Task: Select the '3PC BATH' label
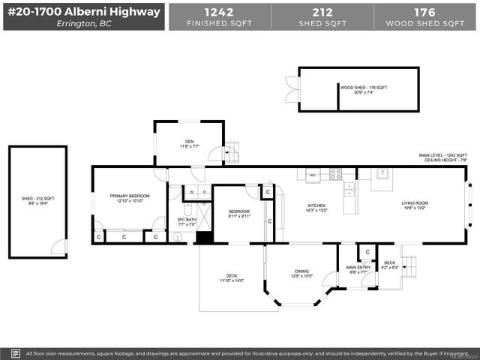point(186,222)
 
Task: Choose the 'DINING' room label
point(301,274)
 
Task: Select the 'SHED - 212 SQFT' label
point(37,200)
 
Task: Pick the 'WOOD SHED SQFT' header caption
point(425,24)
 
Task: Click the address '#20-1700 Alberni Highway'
point(83,11)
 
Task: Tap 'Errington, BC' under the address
point(83,23)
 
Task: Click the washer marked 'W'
point(190,192)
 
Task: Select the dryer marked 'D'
point(204,192)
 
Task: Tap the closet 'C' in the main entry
point(367,250)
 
